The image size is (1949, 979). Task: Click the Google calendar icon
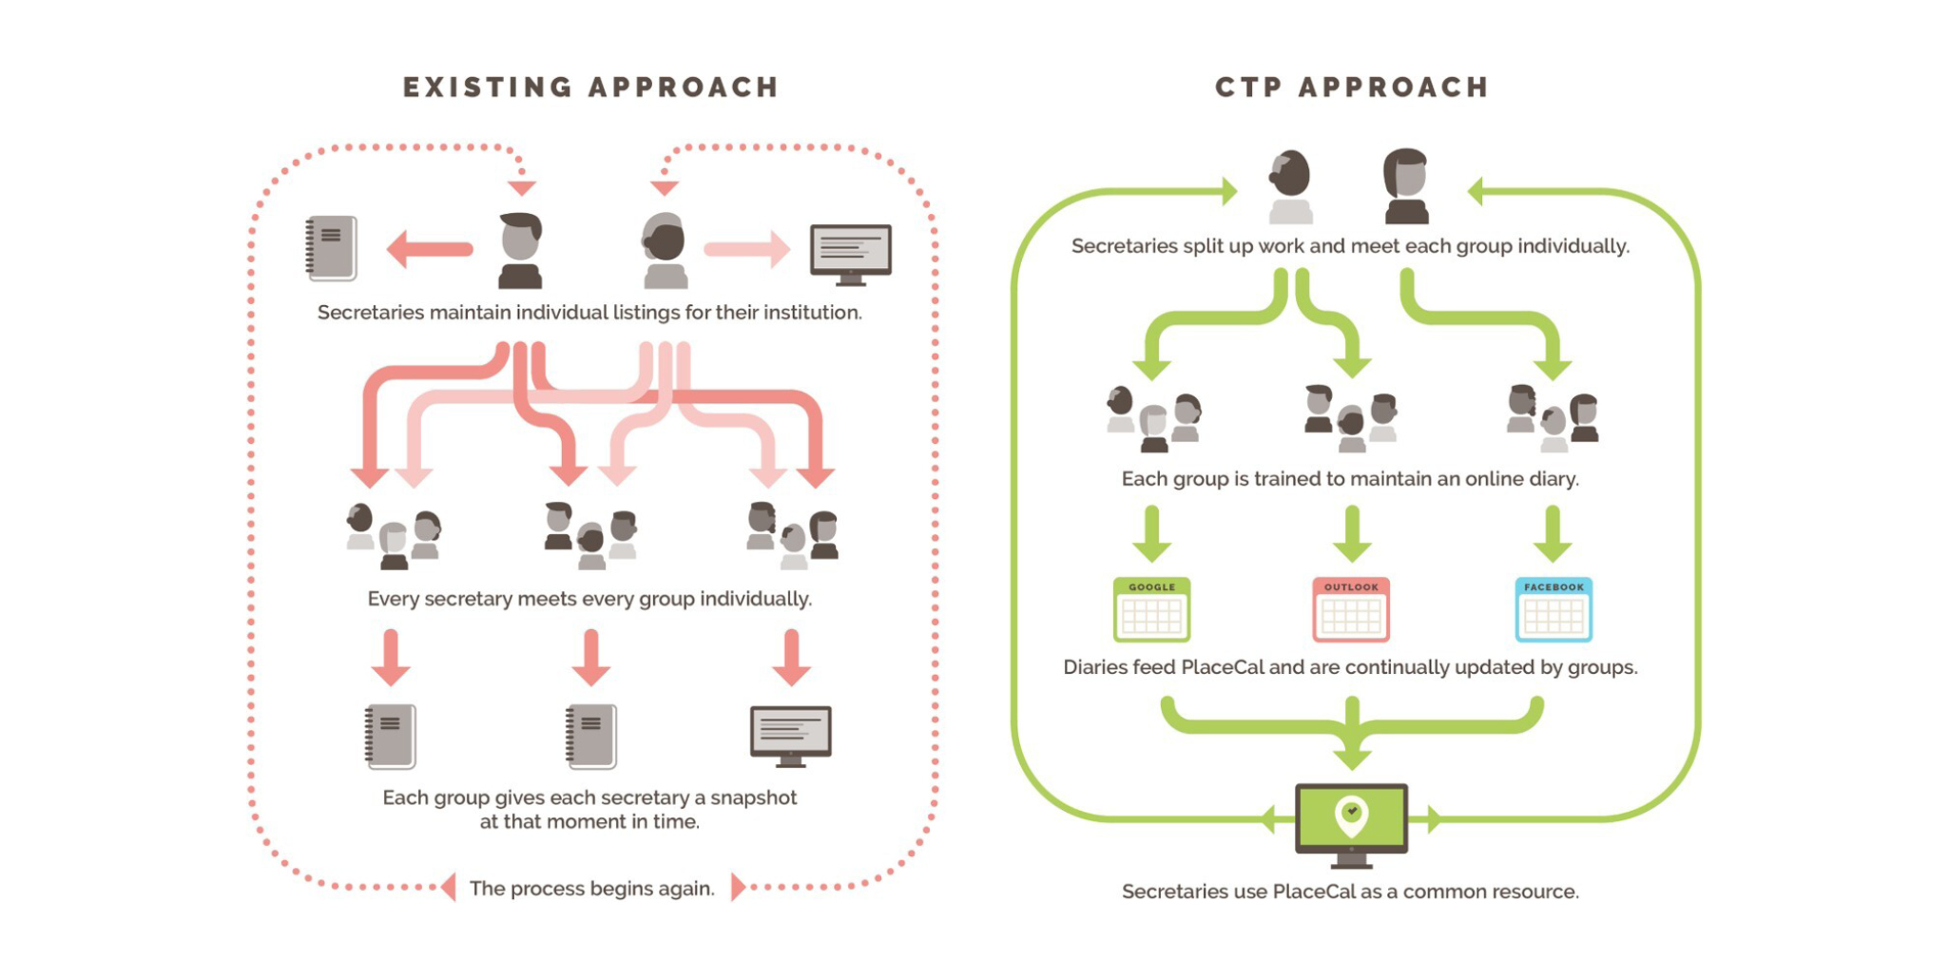pyautogui.click(x=1151, y=610)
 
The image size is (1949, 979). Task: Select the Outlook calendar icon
pyautogui.click(x=1351, y=610)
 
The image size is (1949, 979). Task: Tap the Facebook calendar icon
pyautogui.click(x=1553, y=610)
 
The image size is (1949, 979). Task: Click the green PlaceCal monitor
pyautogui.click(x=1351, y=819)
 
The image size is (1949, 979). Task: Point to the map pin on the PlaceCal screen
pyautogui.click(x=1351, y=814)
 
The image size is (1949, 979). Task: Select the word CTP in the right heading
pyautogui.click(x=1248, y=87)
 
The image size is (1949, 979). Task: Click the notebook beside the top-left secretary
pyautogui.click(x=331, y=248)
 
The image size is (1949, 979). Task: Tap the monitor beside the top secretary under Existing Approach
pyautogui.click(x=850, y=253)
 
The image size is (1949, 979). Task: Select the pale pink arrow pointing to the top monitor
pyautogui.click(x=747, y=249)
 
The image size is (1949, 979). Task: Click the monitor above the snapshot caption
pyautogui.click(x=790, y=735)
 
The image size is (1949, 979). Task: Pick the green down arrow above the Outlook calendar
pyautogui.click(x=1351, y=534)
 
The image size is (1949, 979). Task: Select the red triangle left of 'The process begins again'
pyautogui.click(x=449, y=887)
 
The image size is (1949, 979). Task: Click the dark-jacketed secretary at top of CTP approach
pyautogui.click(x=1405, y=186)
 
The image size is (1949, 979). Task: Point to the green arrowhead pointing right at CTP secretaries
pyautogui.click(x=1229, y=192)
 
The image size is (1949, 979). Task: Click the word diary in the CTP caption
pyautogui.click(x=1553, y=479)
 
